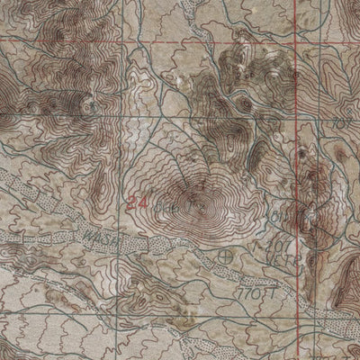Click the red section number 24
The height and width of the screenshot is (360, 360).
pyautogui.click(x=138, y=202)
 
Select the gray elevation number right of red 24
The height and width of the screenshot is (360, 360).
pyautogui.click(x=163, y=205)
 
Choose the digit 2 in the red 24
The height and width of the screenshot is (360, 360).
pyautogui.click(x=132, y=202)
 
